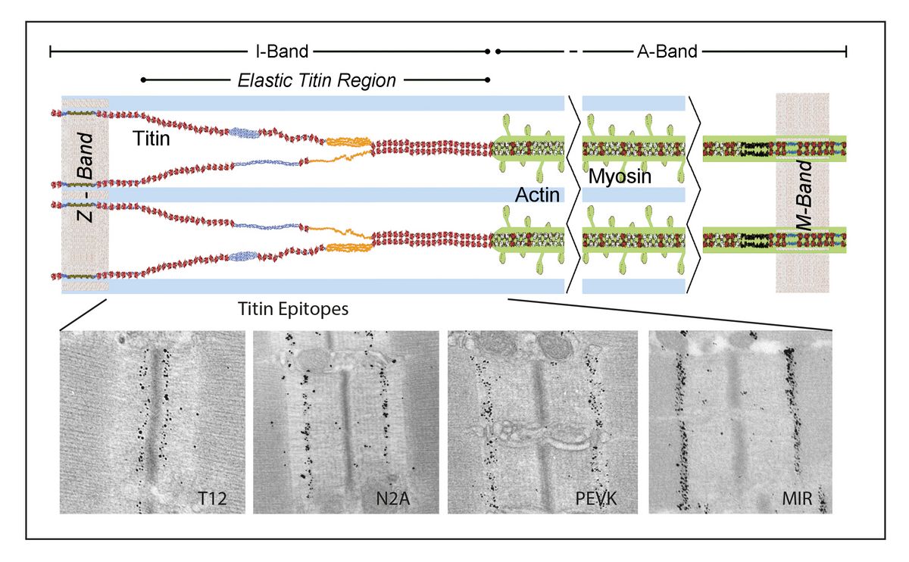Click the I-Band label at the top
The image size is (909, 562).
click(280, 52)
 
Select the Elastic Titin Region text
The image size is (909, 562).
click(317, 80)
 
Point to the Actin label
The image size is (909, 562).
click(537, 195)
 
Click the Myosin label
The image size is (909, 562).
click(620, 179)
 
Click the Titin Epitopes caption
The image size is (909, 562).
click(292, 308)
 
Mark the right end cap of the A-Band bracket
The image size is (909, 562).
click(845, 52)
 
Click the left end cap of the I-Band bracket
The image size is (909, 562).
click(50, 52)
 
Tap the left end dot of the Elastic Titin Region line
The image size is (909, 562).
click(143, 80)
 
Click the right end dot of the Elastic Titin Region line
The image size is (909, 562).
click(487, 80)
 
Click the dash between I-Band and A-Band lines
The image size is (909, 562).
click(573, 52)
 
